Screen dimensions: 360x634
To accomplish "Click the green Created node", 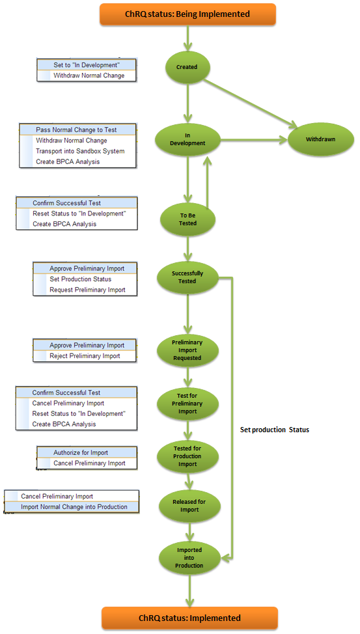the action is coord(187,67).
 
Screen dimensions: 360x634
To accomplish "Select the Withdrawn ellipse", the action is coord(321,139).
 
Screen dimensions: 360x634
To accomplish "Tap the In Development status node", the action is coord(187,139).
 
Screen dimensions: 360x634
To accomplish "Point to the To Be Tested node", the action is coord(187,219).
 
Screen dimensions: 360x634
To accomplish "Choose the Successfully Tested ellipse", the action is coord(187,277).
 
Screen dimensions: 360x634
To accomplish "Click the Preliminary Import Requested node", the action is coord(187,350).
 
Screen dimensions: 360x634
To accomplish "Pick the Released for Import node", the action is coord(189,505).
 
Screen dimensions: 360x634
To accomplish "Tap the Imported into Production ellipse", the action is coord(189,558).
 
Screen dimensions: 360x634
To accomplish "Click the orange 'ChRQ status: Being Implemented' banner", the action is coord(187,14).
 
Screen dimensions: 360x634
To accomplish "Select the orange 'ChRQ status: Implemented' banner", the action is coord(189,618).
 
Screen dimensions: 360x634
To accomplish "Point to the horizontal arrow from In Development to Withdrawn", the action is coord(254,140).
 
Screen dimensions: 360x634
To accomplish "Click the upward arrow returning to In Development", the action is coord(208,183).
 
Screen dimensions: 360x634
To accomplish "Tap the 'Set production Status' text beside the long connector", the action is coord(275,430).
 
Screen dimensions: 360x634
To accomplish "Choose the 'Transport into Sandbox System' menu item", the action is coord(80,151).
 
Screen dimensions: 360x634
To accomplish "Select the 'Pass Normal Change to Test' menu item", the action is coord(76,130).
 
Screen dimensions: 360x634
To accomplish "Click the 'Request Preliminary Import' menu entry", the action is coord(87,290).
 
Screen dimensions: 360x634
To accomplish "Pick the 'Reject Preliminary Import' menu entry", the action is coord(85,356).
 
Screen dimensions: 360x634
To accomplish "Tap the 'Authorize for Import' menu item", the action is coord(81,453).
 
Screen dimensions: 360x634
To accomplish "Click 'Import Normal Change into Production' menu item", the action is coord(74,507).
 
